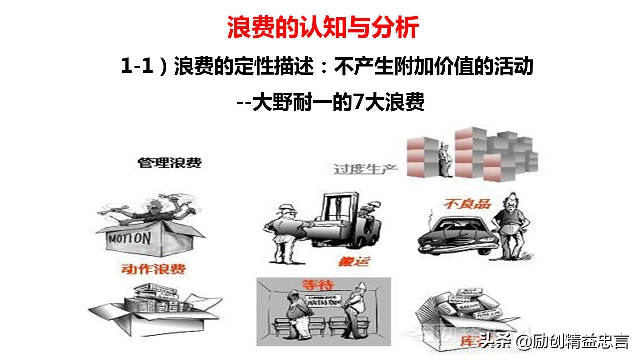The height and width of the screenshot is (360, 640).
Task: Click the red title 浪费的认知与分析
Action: [322, 28]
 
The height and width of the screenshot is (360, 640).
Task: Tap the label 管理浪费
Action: [170, 163]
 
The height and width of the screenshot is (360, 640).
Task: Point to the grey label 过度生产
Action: [365, 168]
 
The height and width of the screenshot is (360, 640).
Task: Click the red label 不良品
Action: [467, 204]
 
